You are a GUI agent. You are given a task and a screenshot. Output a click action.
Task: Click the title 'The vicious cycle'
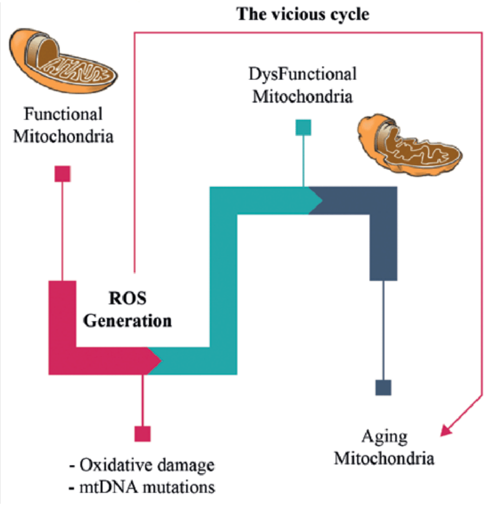pos(303,14)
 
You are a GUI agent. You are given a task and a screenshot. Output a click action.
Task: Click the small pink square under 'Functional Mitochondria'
pos(62,174)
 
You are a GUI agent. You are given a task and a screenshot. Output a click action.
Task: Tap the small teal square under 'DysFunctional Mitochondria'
pos(303,127)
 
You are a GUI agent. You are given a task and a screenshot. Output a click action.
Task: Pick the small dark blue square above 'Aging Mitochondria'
pos(383,388)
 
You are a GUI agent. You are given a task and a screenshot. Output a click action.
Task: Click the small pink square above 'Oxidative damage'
pos(142,433)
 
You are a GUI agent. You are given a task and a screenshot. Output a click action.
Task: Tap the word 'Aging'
pos(385,438)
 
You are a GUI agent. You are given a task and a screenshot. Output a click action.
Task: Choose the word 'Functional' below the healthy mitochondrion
pos(63,114)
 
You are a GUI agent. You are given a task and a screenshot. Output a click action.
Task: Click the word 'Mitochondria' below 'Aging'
pos(385,458)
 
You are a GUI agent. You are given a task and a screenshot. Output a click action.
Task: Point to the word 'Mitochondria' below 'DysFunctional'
pos(302,97)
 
